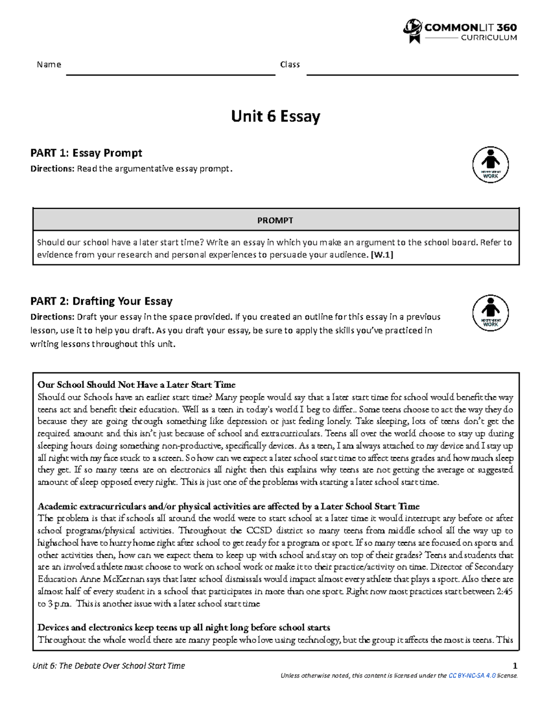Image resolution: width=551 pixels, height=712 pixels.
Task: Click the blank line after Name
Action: (x=170, y=73)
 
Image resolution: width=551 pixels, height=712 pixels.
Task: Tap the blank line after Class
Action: (x=412, y=73)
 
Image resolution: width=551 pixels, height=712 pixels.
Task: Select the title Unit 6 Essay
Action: (x=275, y=116)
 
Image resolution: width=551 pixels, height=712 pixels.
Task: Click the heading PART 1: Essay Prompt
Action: (x=86, y=153)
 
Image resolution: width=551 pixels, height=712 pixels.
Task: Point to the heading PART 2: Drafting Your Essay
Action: (x=101, y=301)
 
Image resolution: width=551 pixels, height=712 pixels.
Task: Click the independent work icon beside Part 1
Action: (x=490, y=165)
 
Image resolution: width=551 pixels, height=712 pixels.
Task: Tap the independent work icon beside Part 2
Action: (x=490, y=313)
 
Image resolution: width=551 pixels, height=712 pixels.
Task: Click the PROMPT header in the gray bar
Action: (x=275, y=221)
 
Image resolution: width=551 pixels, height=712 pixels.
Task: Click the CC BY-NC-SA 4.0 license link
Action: (x=472, y=675)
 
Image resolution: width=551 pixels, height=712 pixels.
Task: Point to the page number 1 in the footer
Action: (x=515, y=666)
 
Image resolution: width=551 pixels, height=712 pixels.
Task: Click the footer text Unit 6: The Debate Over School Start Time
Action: (x=109, y=666)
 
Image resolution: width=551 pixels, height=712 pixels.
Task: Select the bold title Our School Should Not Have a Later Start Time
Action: (x=136, y=385)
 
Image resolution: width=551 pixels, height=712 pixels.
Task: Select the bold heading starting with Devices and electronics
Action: (x=184, y=628)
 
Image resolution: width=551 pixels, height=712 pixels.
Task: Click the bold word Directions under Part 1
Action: (x=52, y=169)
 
